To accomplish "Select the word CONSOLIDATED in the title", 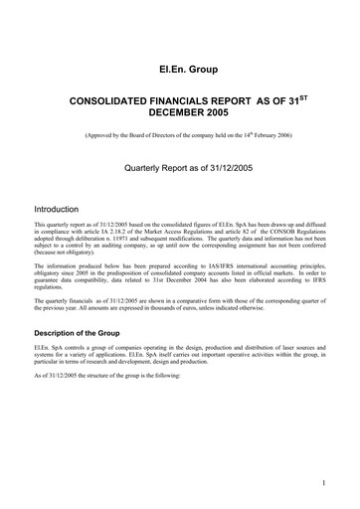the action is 110,101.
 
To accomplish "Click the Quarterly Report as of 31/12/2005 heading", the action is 179,171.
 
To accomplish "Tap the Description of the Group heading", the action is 90,331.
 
